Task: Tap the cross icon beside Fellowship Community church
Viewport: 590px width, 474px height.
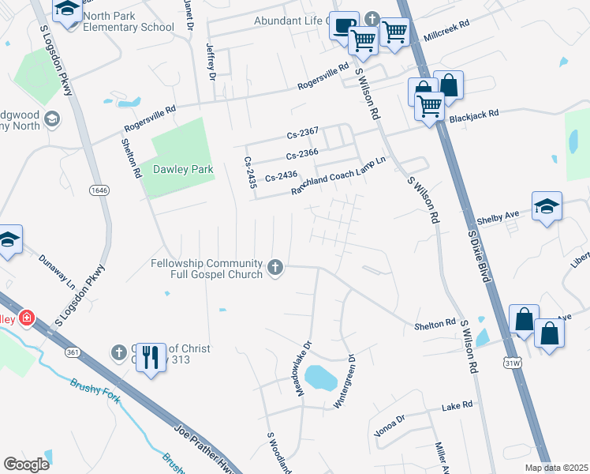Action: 276,268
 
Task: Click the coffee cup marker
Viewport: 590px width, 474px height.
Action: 342,25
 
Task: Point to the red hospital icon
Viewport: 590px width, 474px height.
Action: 27,318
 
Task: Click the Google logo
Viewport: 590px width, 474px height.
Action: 26,464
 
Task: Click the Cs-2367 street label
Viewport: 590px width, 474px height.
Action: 302,132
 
